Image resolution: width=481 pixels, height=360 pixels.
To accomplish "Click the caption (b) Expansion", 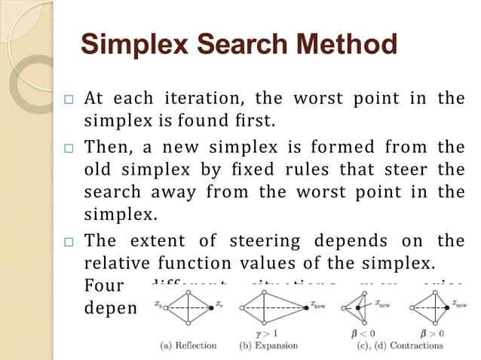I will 268,346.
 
